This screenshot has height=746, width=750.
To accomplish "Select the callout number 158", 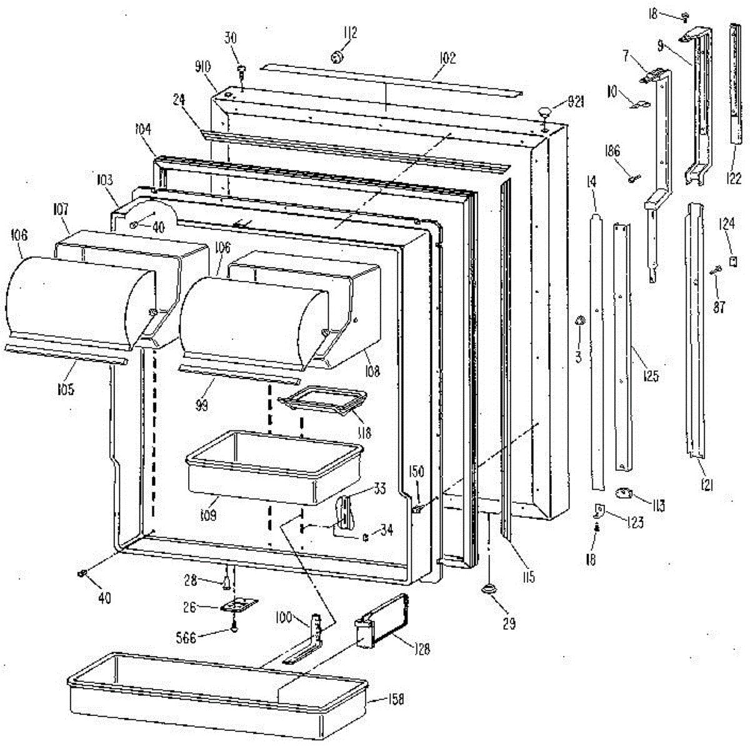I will click(394, 699).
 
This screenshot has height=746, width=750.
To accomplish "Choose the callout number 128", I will click(422, 648).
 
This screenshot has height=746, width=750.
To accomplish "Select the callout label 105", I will click(64, 390).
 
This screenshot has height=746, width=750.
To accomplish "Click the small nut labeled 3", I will click(579, 321).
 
